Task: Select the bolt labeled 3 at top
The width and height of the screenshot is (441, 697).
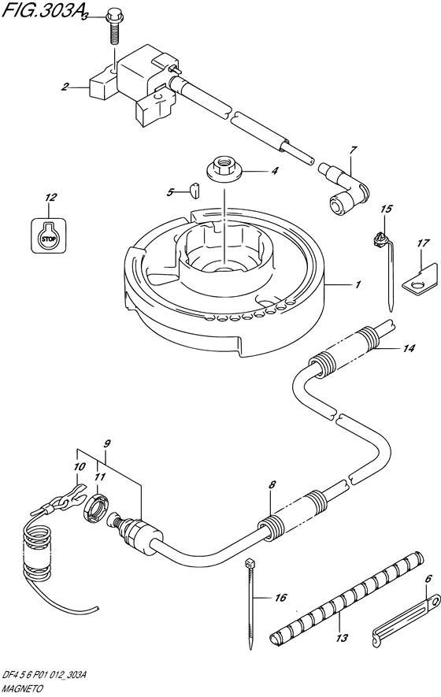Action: (114, 28)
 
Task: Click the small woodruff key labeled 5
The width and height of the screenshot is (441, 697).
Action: (195, 189)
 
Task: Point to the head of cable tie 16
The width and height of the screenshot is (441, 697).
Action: (249, 563)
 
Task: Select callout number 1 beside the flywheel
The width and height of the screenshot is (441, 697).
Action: (358, 284)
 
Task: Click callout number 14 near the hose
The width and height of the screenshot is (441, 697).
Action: (408, 348)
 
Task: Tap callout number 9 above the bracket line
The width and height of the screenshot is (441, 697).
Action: (106, 443)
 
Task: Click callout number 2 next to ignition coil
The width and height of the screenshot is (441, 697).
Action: (65, 87)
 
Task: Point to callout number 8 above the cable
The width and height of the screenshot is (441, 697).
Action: (272, 485)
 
